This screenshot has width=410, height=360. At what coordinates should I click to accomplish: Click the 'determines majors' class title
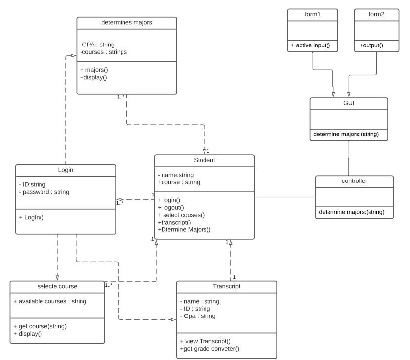(x=126, y=22)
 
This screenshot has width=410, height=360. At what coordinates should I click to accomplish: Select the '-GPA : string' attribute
(x=97, y=45)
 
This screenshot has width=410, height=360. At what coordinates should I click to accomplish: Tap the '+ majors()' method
(x=94, y=69)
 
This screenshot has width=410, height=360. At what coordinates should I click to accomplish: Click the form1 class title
(x=313, y=15)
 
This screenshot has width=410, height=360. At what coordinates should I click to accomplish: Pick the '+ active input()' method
(x=311, y=45)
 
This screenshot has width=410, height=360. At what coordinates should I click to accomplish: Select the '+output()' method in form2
(x=371, y=45)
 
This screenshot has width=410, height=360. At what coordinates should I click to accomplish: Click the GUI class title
(x=349, y=104)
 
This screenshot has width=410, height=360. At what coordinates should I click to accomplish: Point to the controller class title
(x=354, y=181)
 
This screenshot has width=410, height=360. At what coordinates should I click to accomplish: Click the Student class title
(x=205, y=160)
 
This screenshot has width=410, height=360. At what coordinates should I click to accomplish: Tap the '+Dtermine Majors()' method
(x=184, y=229)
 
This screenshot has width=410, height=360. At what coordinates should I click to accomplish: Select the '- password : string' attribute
(x=44, y=192)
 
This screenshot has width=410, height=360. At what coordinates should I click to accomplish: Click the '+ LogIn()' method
(x=32, y=217)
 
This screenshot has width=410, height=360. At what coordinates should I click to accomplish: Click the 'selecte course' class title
(x=57, y=286)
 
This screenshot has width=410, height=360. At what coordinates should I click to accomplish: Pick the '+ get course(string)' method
(x=40, y=326)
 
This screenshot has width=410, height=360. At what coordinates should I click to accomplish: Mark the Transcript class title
(x=226, y=286)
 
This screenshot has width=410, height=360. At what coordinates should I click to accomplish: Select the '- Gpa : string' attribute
(x=198, y=316)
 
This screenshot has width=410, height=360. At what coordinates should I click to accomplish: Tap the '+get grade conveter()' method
(x=209, y=349)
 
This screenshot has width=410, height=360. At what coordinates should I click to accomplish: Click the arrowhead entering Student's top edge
(x=205, y=151)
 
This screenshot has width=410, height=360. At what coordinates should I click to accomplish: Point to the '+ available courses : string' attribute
(x=50, y=301)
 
